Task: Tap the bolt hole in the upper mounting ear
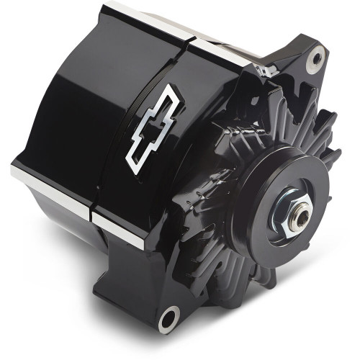(314, 53)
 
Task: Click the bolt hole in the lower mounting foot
(169, 317)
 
